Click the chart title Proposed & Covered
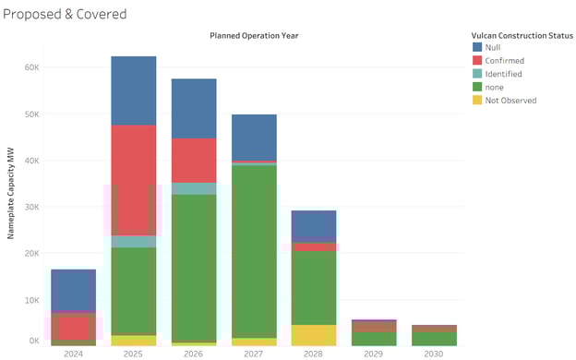[66, 14]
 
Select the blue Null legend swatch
[477, 46]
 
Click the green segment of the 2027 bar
[254, 249]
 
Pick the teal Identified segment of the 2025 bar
[134, 242]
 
